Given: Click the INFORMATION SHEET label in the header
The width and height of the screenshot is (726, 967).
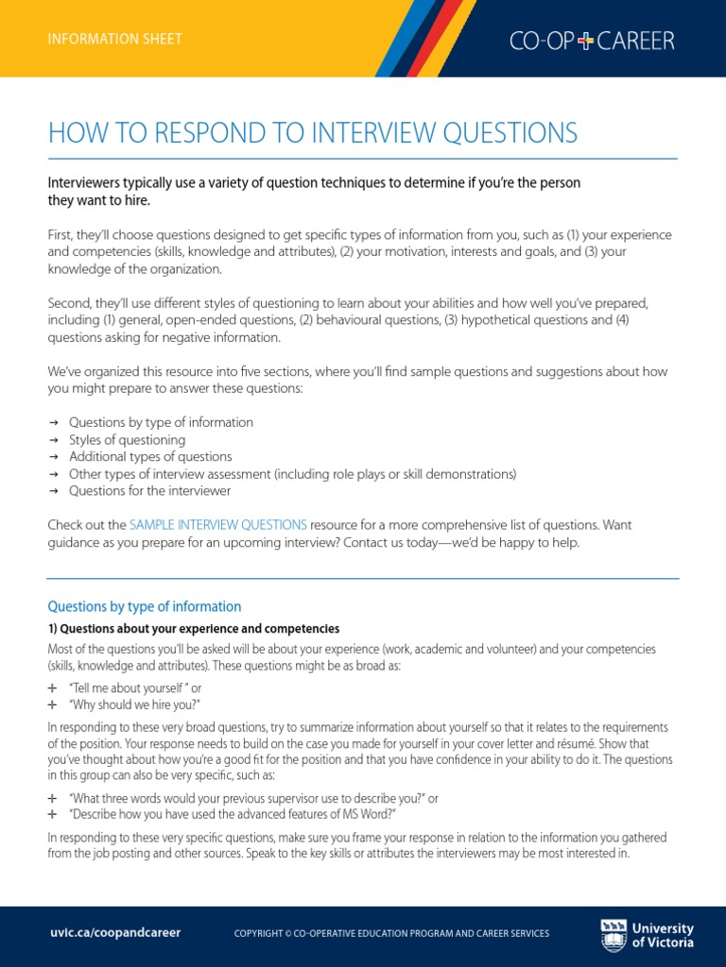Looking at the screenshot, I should click(115, 39).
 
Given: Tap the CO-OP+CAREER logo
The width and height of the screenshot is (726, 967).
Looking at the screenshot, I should click(592, 40).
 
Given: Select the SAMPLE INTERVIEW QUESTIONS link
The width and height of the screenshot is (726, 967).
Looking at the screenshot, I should click(217, 524).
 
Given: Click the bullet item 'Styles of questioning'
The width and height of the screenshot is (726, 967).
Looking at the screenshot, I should click(127, 440).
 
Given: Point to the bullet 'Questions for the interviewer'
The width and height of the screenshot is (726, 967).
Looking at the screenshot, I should click(149, 491).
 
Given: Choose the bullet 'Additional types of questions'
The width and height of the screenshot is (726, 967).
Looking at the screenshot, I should click(149, 457).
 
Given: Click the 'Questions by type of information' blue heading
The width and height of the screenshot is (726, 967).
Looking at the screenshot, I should click(145, 606).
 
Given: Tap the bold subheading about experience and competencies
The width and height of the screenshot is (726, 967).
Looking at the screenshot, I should click(193, 629).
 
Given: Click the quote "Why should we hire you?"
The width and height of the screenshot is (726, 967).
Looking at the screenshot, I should click(134, 705).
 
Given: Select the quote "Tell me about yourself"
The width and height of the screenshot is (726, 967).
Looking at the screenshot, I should click(129, 689).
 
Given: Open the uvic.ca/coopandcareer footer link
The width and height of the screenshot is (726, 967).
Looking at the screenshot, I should click(114, 933).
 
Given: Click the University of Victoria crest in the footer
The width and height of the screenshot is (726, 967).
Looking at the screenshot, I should click(613, 935).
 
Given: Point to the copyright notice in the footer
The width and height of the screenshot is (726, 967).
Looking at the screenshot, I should click(390, 934).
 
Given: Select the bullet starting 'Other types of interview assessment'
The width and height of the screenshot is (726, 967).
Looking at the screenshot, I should click(292, 474).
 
